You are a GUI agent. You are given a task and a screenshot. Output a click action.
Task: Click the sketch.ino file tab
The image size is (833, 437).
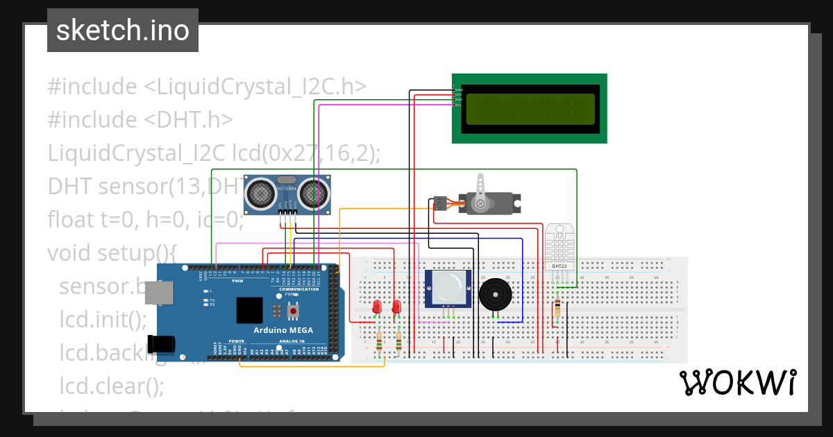[x=123, y=31]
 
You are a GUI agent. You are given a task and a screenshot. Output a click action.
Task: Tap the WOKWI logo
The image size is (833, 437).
[x=737, y=383]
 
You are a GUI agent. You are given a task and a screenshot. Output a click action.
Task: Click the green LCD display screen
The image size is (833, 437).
[x=531, y=109]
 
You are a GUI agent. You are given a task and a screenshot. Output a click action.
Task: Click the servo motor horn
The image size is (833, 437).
[x=479, y=203]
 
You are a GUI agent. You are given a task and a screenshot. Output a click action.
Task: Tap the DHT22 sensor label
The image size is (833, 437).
[x=559, y=266]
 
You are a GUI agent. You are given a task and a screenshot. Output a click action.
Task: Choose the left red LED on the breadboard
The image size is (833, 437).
[x=377, y=306]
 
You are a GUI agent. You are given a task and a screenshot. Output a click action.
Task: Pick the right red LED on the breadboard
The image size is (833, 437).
[x=396, y=306]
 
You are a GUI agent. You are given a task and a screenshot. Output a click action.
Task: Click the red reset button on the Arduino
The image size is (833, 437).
[x=293, y=311]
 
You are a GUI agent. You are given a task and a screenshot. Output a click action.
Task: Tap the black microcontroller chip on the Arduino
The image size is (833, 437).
[x=249, y=310]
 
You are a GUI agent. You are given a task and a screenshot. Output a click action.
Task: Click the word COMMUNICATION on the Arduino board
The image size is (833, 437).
[x=298, y=289]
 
